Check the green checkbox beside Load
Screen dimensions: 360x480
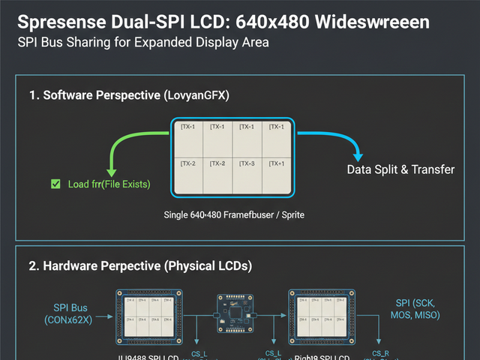54,184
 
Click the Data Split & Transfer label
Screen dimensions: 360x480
400,169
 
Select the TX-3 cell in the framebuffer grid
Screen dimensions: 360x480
246,163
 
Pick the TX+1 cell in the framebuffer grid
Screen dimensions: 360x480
277,163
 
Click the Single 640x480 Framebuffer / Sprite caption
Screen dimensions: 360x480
234,214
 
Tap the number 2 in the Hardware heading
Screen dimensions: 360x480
33,265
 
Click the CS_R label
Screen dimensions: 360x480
381,352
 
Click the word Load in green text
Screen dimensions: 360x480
80,184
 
